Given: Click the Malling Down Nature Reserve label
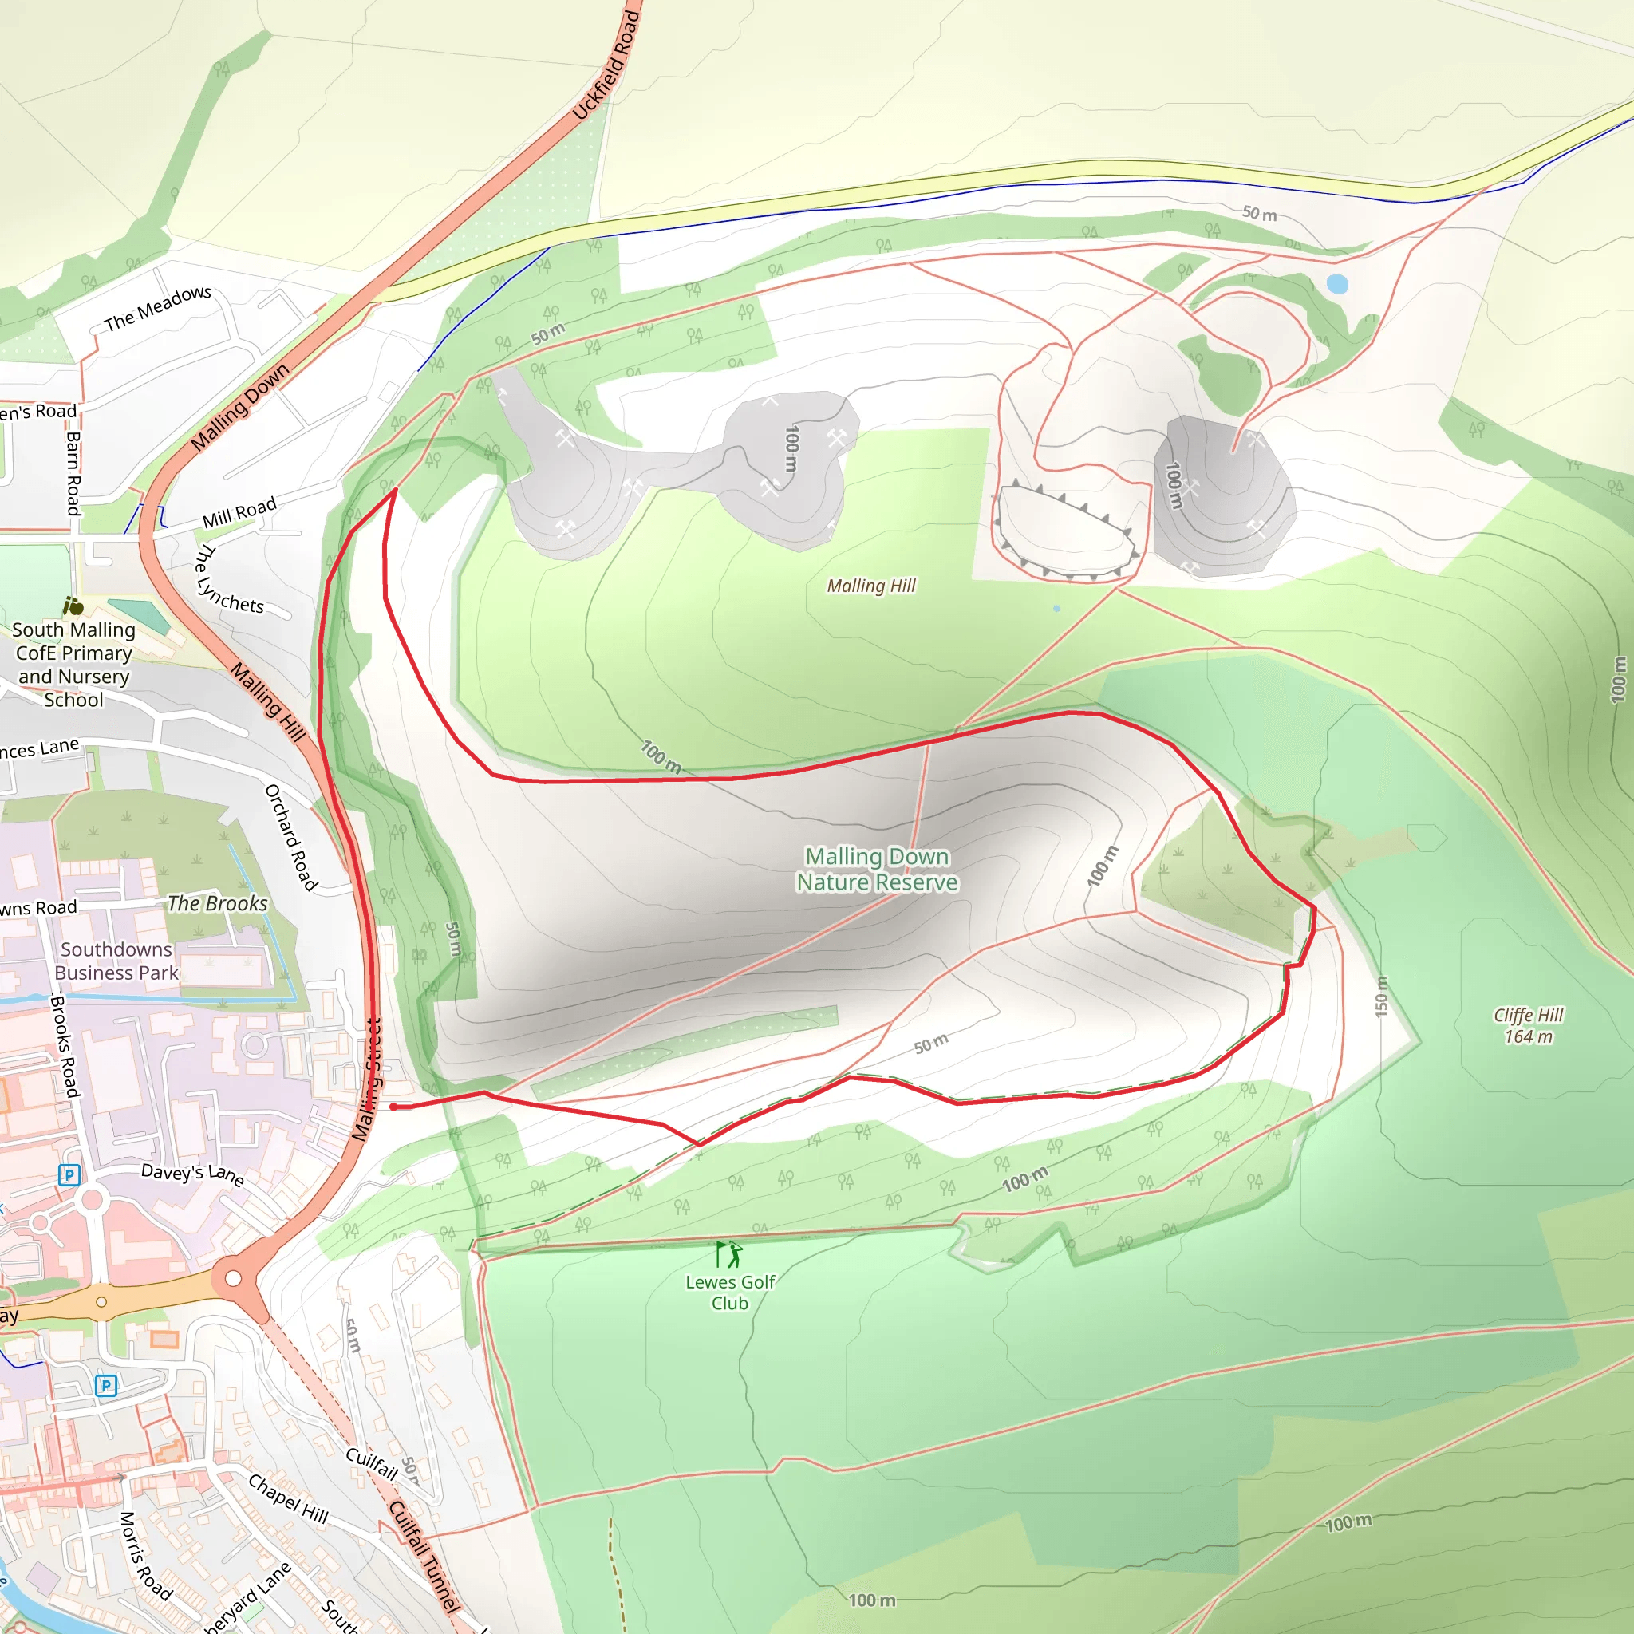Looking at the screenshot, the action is pos(877,870).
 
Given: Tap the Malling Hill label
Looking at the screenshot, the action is pos(871,586).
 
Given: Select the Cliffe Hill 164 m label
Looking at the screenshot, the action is pos(1528,1025).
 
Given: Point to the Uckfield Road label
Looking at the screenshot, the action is pos(606,66).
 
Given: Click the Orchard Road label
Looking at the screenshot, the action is pos(291,837).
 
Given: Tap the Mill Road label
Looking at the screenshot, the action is pos(239,512).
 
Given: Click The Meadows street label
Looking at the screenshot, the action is pos(158,309).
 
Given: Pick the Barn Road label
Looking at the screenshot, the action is pos(74,473).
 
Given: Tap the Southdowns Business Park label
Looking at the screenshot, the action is pos(116,961).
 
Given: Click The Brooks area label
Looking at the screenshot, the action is pos(217,903).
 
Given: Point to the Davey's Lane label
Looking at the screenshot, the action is pos(193,1174).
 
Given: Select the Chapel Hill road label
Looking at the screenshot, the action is pos(287,1498).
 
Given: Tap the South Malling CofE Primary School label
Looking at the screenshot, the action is pos(73,665).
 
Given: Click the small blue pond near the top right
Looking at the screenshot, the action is pos(1337,284).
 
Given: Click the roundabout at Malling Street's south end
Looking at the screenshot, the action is pos(234,1278).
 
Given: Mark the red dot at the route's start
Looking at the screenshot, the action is pos(393,1107).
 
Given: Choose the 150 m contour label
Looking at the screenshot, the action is pos(1381,997).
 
